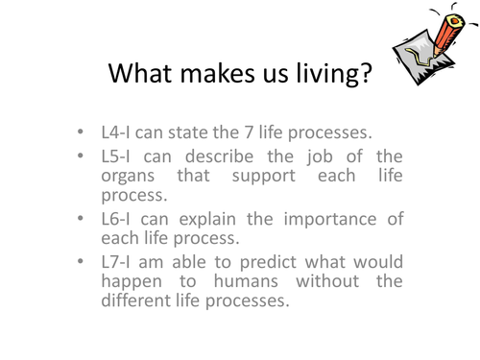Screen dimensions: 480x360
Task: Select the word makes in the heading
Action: point(218,73)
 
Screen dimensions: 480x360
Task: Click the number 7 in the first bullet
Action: point(249,132)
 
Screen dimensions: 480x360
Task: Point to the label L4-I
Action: point(115,132)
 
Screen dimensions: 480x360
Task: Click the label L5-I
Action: point(115,156)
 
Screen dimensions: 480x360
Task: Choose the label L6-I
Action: point(115,219)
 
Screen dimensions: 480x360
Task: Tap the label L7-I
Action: point(115,262)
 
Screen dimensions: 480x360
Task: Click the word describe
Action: point(220,156)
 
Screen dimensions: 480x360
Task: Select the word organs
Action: point(128,177)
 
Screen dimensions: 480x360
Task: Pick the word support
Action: point(264,177)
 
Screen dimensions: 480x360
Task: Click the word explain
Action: point(207,220)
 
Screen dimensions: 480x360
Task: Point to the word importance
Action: point(330,220)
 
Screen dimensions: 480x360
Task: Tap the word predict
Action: point(268,263)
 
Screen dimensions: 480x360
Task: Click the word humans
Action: point(246,282)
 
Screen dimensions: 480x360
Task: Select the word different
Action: point(135,300)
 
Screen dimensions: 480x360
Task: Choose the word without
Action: point(327,281)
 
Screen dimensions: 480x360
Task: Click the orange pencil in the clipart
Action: point(448,36)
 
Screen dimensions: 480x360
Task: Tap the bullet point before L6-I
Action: point(81,219)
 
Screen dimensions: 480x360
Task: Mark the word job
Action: point(320,157)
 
